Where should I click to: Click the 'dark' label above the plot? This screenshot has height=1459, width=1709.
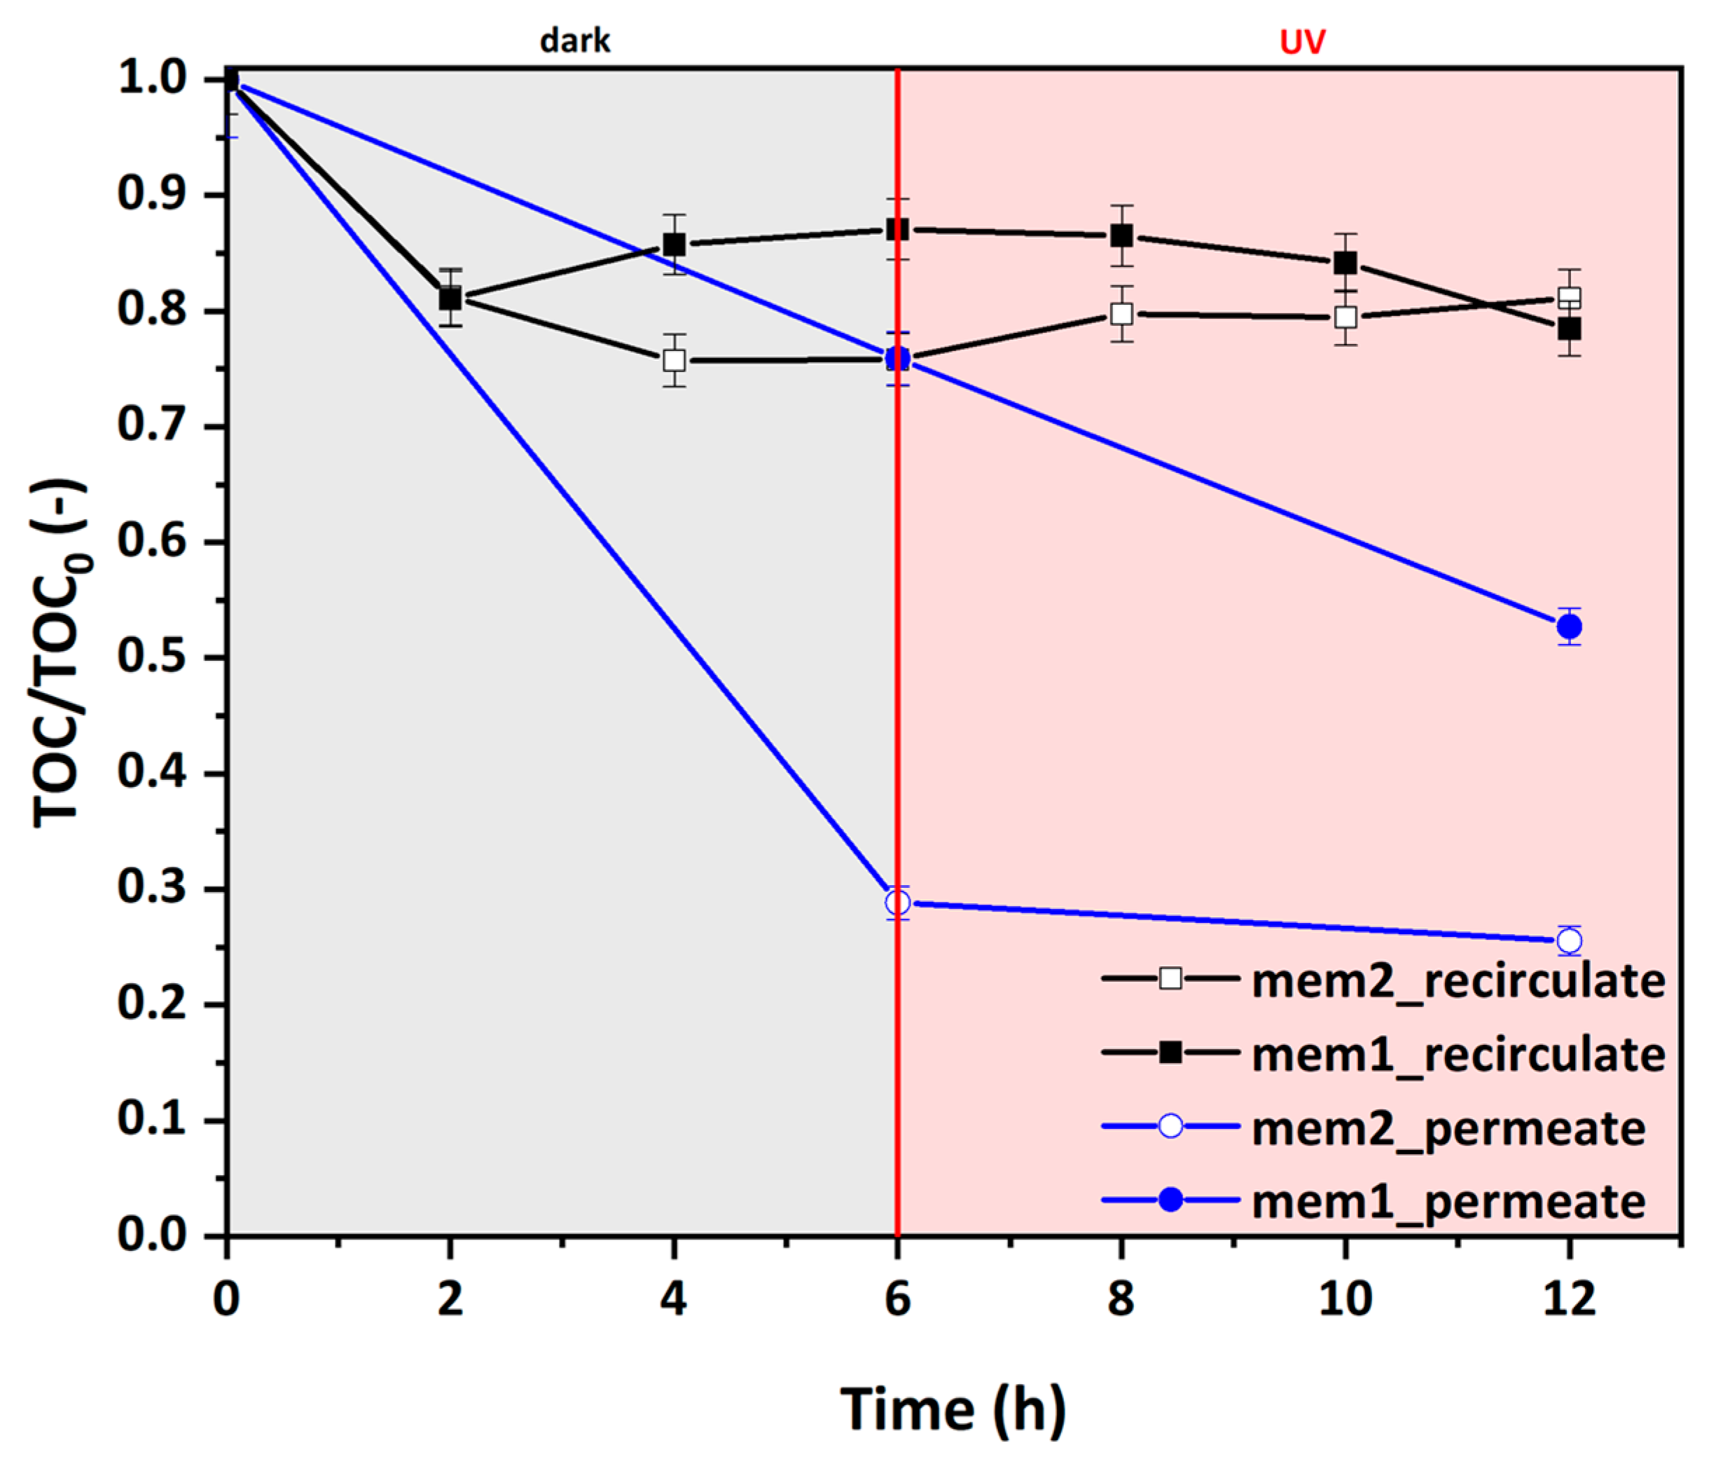point(575,41)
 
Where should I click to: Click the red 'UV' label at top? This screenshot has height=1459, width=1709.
point(1301,41)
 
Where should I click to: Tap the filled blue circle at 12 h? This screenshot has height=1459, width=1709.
point(1569,626)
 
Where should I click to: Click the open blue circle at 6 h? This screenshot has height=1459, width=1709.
point(897,903)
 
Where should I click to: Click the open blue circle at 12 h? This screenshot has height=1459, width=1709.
point(1569,940)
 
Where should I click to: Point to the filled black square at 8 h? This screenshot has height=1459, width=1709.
point(1121,236)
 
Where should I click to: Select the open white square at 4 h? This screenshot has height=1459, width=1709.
point(674,361)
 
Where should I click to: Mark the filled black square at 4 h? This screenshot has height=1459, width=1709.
point(674,245)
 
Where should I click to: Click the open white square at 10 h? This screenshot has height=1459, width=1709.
point(1345,317)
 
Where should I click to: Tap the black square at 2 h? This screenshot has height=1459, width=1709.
point(450,298)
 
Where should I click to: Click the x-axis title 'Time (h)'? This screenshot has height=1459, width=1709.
point(953,1409)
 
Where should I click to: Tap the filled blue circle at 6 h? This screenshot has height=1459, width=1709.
point(897,358)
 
